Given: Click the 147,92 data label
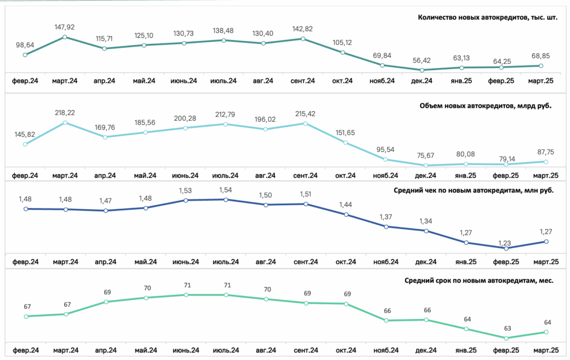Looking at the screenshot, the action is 65,27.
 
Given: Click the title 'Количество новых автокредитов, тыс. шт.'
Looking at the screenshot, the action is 488,17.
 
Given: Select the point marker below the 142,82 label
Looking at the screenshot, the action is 303,38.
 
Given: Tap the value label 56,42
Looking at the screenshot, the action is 422,60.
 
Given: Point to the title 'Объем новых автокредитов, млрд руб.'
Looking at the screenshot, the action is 485,106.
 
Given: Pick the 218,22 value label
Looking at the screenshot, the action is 65,113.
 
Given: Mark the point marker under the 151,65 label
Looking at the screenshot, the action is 346,143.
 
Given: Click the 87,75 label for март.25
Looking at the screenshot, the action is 546,152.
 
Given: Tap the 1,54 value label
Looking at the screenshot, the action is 225,190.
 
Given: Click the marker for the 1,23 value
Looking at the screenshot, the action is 507,249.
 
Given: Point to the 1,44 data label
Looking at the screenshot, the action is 345,205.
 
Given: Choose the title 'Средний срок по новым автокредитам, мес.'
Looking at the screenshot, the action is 479,280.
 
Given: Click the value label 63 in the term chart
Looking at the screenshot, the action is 508,328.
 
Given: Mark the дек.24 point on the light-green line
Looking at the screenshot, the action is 426,320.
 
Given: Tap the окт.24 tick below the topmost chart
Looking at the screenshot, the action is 342,81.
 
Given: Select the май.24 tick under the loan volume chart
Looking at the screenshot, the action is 145,176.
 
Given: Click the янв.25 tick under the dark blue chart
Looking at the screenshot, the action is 466,262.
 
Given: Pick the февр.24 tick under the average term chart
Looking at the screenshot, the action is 26,351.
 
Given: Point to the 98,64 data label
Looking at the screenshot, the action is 25,45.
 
